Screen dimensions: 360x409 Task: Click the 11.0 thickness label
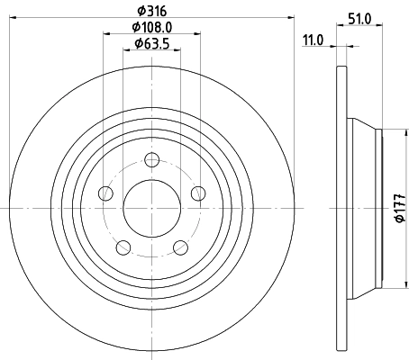pos(313,40)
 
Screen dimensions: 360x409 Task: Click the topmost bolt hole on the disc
pos(151,160)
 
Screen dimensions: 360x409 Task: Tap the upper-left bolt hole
pos(106,193)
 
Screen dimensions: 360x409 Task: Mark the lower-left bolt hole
pos(124,245)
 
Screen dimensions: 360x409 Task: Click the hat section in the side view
pos(365,208)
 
